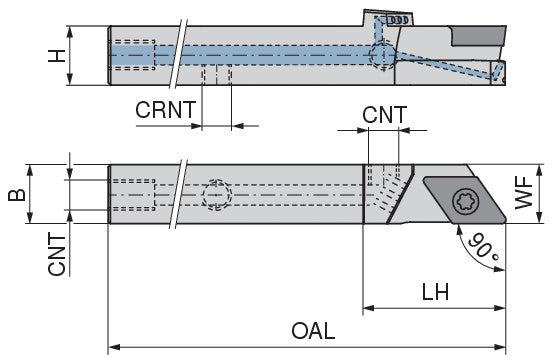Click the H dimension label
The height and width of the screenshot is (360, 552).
pos(57,56)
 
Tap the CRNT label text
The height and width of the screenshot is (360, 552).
pos(165,109)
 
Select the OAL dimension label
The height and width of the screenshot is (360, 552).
pos(313,331)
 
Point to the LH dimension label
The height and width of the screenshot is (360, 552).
pos(435,292)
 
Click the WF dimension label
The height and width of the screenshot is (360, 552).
pos(523,192)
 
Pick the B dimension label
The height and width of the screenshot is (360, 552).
pos(17,195)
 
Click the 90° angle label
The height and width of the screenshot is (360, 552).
pos(483,247)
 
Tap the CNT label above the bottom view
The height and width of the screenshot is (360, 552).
pos(384,115)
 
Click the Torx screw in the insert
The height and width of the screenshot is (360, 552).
pos(465,201)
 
